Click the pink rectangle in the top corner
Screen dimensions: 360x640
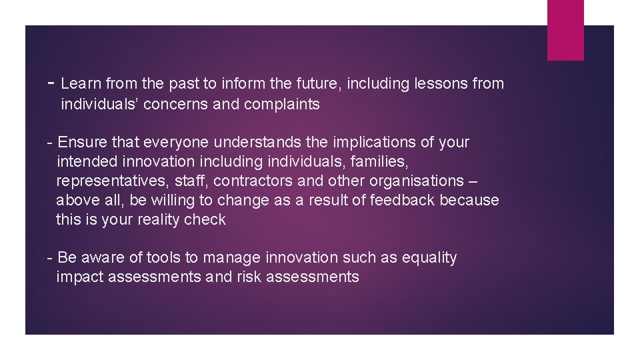565,29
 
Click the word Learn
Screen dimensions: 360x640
79,84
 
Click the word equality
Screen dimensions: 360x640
430,258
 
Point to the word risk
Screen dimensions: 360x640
249,277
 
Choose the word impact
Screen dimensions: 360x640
78,277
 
